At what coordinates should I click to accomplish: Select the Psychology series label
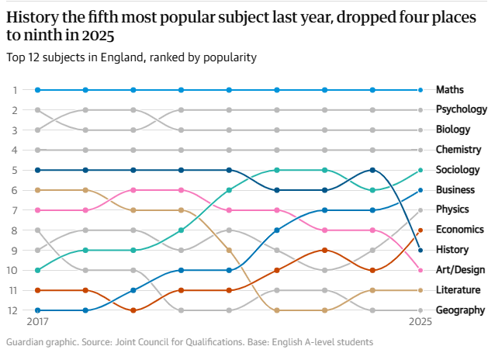tap(462, 110)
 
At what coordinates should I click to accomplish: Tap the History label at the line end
tap(453, 250)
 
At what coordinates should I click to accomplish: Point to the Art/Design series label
tap(460, 270)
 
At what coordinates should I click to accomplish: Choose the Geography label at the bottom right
tap(461, 310)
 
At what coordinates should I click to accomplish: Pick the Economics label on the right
tap(461, 230)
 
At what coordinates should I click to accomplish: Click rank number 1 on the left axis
tap(14, 90)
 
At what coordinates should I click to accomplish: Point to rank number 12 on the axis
tap(12, 310)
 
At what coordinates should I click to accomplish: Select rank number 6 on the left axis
tap(14, 190)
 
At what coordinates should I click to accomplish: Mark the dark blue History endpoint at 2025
tap(420, 250)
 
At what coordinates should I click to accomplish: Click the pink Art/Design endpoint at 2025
tap(420, 270)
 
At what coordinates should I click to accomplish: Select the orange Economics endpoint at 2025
tap(420, 230)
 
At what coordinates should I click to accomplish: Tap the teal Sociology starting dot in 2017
tap(38, 270)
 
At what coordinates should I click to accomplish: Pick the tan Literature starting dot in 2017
tap(38, 190)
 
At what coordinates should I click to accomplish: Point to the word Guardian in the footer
tap(26, 342)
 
